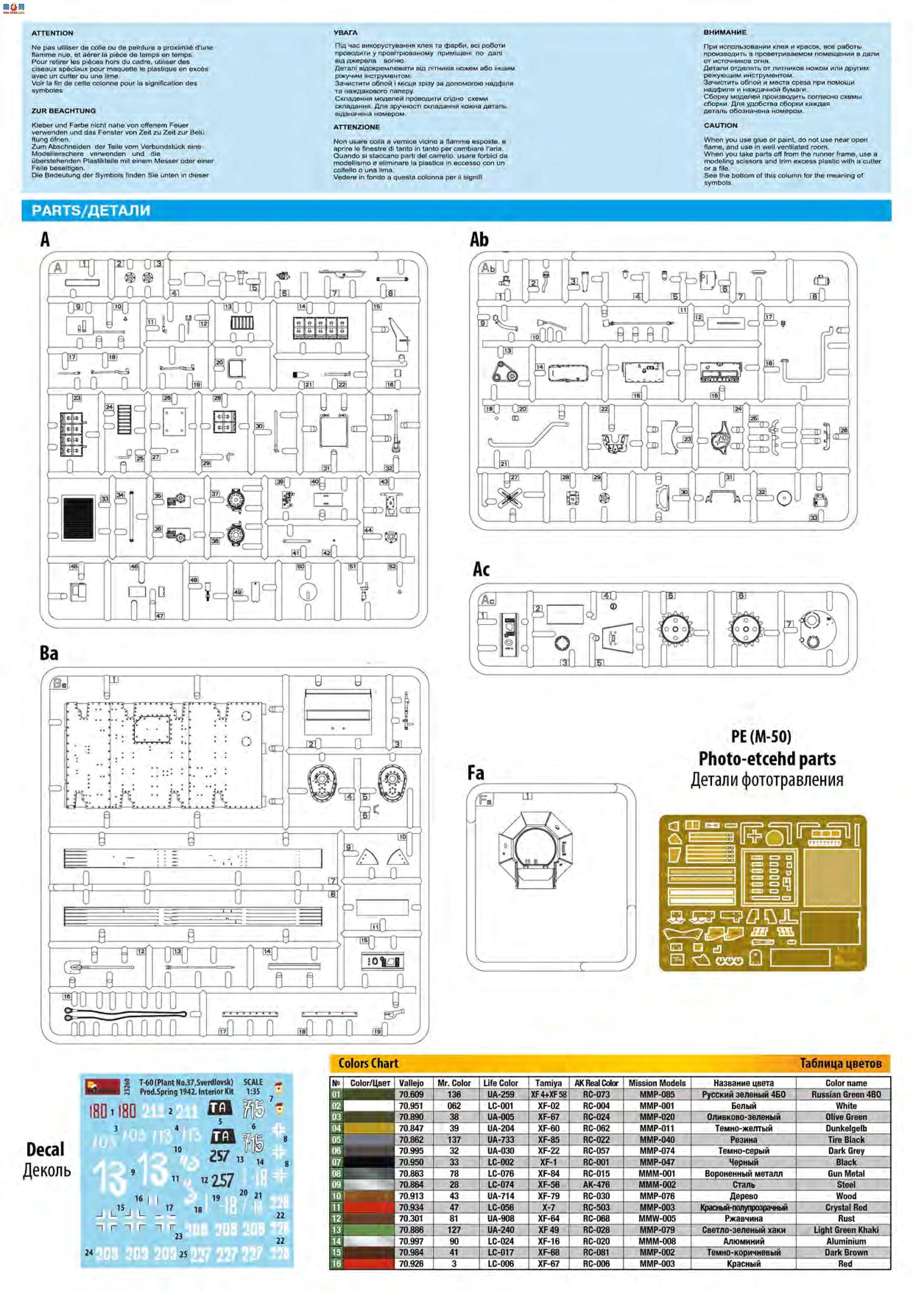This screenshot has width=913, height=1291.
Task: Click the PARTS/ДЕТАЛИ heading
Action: (x=91, y=211)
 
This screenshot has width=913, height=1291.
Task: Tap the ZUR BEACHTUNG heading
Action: (x=64, y=111)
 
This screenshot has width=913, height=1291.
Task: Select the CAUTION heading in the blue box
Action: (x=720, y=125)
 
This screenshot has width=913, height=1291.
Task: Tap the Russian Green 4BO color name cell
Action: (x=846, y=1094)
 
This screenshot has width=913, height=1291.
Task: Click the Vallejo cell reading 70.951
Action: (x=411, y=1106)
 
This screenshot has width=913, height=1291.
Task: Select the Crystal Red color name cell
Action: (x=846, y=1207)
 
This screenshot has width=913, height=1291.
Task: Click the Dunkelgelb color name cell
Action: (x=846, y=1128)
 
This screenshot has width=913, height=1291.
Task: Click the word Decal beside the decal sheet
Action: (x=46, y=1149)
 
